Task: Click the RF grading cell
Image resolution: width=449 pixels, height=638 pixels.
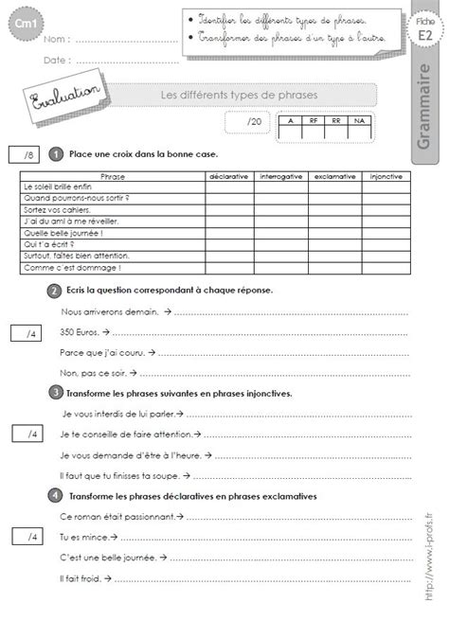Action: point(311,121)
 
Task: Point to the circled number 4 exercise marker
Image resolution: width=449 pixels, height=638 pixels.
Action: point(54,495)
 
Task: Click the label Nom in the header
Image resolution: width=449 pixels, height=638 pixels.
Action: point(55,40)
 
